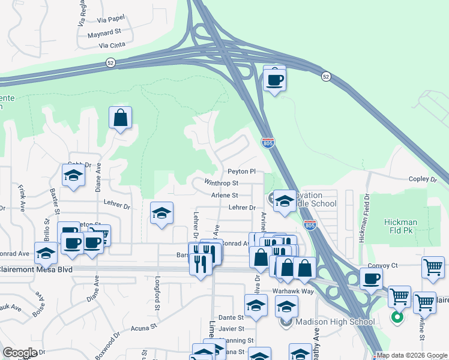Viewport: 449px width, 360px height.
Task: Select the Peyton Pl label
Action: pyautogui.click(x=241, y=172)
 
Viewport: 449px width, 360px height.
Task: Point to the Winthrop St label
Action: pyautogui.click(x=221, y=183)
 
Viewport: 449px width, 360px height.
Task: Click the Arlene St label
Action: pyautogui.click(x=224, y=195)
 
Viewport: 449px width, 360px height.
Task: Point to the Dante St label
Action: pyautogui.click(x=231, y=317)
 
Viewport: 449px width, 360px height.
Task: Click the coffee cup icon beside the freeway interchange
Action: pyautogui.click(x=274, y=79)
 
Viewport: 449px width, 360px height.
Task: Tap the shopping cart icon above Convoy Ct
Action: pyautogui.click(x=433, y=268)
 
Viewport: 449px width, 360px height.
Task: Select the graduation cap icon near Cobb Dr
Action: pyautogui.click(x=73, y=175)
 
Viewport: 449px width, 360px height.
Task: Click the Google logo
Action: pyautogui.click(x=19, y=353)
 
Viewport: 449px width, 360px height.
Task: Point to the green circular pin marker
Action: pyautogui.click(x=396, y=317)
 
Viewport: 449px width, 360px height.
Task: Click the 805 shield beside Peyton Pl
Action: pyautogui.click(x=268, y=143)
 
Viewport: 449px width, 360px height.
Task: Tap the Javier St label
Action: pyautogui.click(x=232, y=329)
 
